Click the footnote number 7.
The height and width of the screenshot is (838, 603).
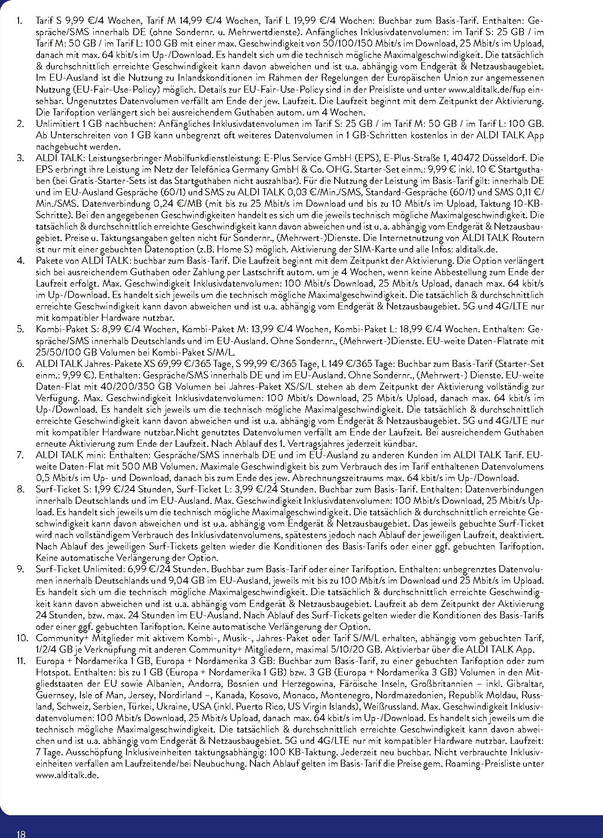tap(20, 455)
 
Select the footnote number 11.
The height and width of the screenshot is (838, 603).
tap(22, 661)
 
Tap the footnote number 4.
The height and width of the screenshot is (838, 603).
tap(20, 261)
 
